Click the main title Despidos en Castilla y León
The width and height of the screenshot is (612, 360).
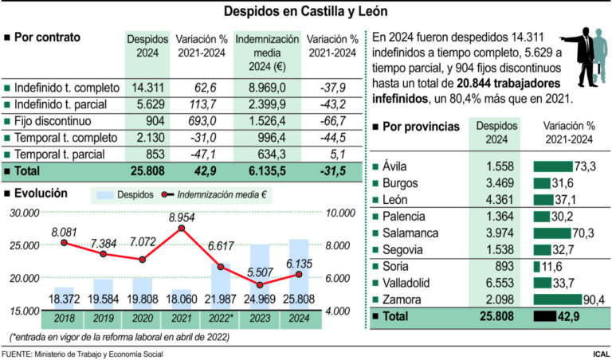[306, 12]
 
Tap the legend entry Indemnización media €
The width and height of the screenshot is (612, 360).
[220, 194]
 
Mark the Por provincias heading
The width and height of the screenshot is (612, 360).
[420, 127]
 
